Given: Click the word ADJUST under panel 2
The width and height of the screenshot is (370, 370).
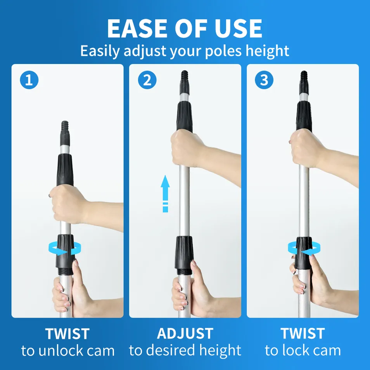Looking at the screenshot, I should click(x=185, y=334).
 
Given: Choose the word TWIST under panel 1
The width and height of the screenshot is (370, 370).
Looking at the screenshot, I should click(x=67, y=334).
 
